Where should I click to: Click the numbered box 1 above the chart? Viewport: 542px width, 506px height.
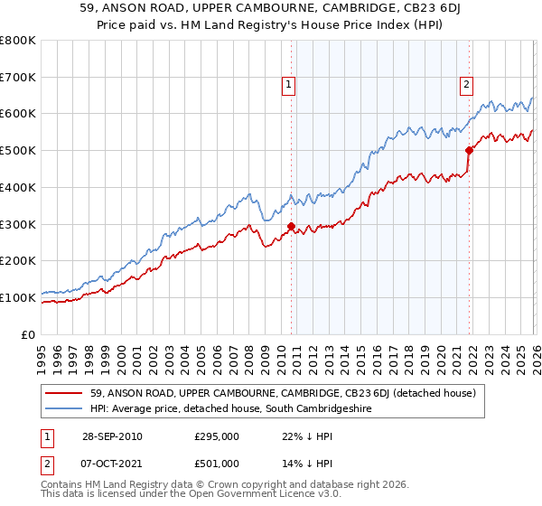click(287, 86)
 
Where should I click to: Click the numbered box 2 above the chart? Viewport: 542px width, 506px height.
click(466, 86)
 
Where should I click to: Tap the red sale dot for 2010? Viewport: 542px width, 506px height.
click(291, 226)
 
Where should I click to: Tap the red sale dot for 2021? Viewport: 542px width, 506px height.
click(470, 150)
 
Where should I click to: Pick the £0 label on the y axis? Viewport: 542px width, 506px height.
click(29, 334)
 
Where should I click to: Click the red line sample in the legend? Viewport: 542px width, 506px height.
click(63, 393)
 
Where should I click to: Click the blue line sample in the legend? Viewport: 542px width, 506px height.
click(63, 408)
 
